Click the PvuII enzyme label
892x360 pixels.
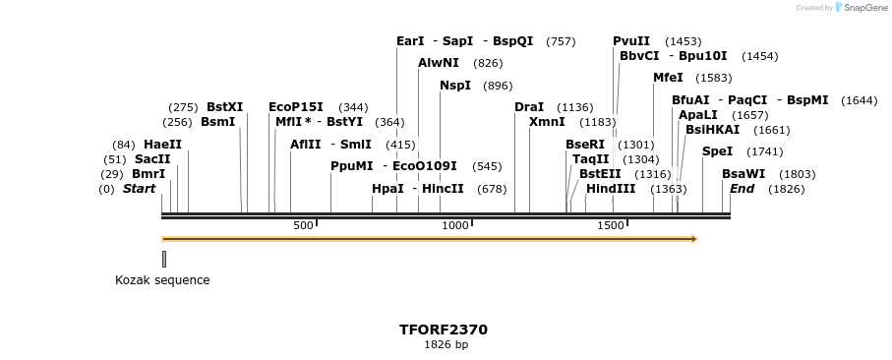click(631, 41)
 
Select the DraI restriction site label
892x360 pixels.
click(529, 107)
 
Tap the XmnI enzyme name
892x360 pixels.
click(547, 122)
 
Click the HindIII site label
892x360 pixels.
click(611, 189)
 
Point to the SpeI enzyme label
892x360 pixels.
click(717, 151)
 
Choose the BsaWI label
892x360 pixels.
click(743, 174)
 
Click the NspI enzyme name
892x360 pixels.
click(455, 86)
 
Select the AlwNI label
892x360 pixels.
click(438, 63)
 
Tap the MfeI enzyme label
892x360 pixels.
click(668, 78)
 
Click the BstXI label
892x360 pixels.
click(224, 107)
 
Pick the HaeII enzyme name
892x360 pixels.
click(162, 145)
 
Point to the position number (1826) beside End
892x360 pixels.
click(786, 189)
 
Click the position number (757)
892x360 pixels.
click(561, 41)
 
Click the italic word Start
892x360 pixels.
click(139, 189)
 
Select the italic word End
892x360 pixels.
click(742, 189)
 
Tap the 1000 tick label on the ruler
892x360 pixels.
click(455, 226)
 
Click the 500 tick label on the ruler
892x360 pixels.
click(303, 226)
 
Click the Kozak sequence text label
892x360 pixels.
click(162, 280)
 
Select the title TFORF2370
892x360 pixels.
click(443, 330)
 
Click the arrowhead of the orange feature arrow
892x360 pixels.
click(693, 239)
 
